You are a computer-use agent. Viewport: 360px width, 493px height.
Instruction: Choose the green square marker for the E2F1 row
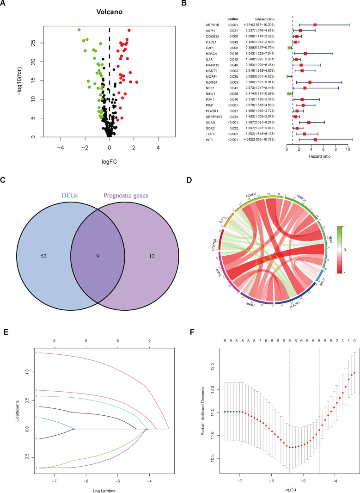pos(289,48)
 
